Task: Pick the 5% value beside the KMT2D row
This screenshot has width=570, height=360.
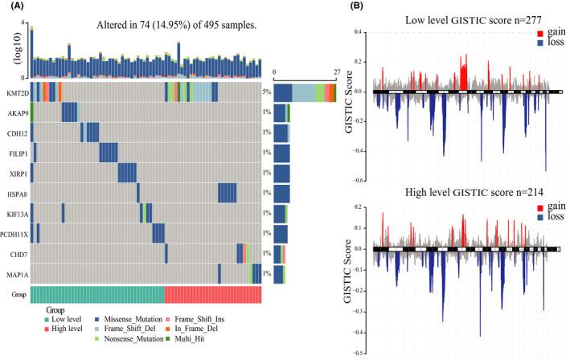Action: click(266, 92)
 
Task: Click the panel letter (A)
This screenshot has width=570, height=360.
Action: click(13, 7)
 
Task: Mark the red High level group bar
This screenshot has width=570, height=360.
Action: click(212, 294)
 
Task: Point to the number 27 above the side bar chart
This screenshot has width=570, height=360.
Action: click(337, 72)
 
